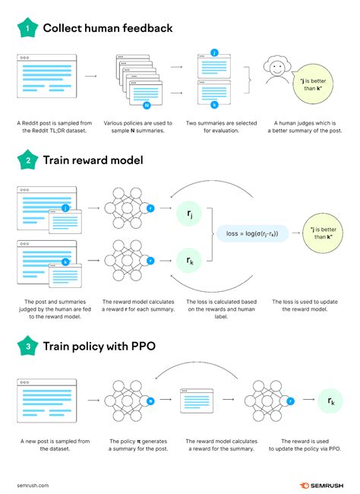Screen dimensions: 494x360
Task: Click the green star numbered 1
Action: coord(27,29)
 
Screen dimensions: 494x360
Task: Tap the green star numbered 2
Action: coord(27,160)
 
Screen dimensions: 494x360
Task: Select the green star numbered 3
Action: coord(27,346)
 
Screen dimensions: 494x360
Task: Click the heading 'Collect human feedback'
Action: coord(107,29)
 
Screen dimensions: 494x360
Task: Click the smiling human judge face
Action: coord(279,75)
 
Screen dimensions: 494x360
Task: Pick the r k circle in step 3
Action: coord(332,401)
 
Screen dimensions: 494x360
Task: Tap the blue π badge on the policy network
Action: coord(150,400)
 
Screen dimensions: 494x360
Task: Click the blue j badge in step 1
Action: coord(215,52)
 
